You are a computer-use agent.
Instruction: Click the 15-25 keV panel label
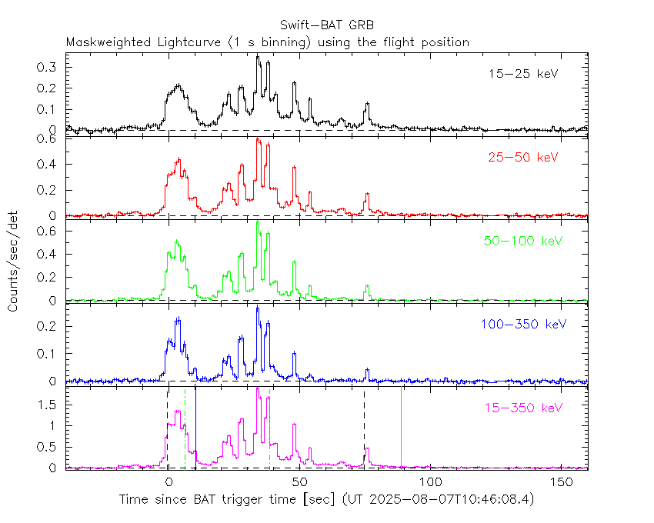point(523,75)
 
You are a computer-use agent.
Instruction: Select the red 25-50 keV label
point(523,158)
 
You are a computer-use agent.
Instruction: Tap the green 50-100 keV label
point(523,241)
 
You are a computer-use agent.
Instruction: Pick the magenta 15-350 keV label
point(523,407)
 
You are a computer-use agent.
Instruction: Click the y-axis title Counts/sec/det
point(14,261)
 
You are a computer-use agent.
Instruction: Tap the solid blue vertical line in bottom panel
point(195,427)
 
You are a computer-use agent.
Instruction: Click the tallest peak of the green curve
point(258,223)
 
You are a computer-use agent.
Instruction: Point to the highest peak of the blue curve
point(258,308)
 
